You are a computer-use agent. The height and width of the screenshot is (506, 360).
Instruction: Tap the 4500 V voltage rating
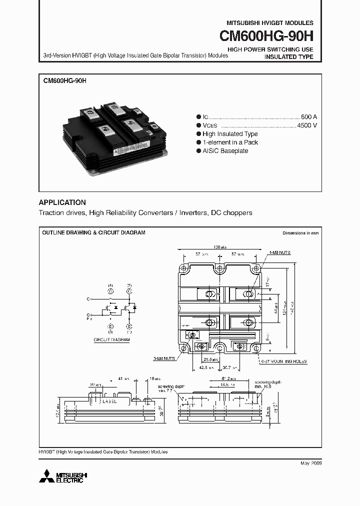coord(307,125)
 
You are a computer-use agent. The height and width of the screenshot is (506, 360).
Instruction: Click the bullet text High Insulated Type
coord(230,134)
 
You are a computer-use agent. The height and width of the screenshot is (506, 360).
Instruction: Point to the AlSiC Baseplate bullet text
coord(225,151)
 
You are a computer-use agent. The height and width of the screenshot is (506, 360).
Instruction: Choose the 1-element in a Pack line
coord(230,142)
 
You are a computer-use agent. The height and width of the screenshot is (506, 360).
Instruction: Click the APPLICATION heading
coord(62,202)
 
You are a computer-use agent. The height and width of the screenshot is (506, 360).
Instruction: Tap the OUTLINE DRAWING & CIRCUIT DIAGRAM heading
coord(93,233)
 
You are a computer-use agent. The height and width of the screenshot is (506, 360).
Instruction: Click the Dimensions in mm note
coord(300,233)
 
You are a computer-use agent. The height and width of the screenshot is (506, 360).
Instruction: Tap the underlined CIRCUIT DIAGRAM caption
coord(111,339)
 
